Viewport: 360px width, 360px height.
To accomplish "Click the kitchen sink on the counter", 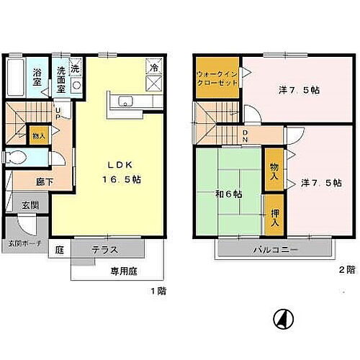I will click(x=123, y=100).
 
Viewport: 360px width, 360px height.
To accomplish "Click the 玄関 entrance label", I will click(x=30, y=205).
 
